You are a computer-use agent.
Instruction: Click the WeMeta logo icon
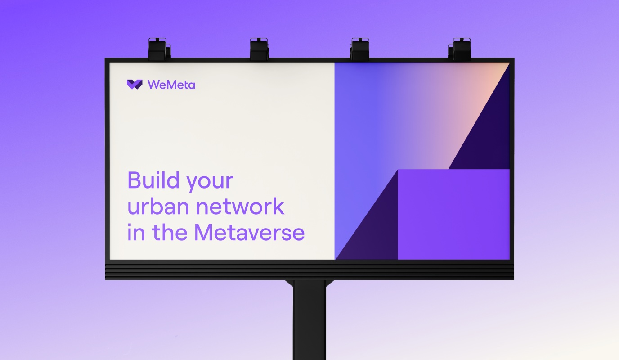135,84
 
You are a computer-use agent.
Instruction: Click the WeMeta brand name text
171,85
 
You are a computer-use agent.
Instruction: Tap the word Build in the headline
153,180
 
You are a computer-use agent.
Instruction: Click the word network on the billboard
240,206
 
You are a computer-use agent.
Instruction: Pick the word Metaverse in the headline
249,232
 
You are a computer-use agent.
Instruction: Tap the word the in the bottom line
170,232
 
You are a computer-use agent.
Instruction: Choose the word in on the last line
136,232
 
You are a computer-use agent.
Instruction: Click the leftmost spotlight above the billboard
159,49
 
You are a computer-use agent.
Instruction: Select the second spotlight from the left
259,49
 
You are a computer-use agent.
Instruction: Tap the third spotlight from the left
359,49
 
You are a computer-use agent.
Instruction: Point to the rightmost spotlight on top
460,49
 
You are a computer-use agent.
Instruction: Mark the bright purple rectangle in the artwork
453,215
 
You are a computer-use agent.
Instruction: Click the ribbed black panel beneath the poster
309,271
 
